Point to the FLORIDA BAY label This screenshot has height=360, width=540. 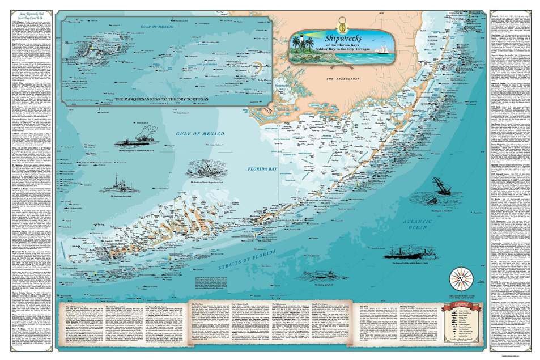[261, 168]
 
